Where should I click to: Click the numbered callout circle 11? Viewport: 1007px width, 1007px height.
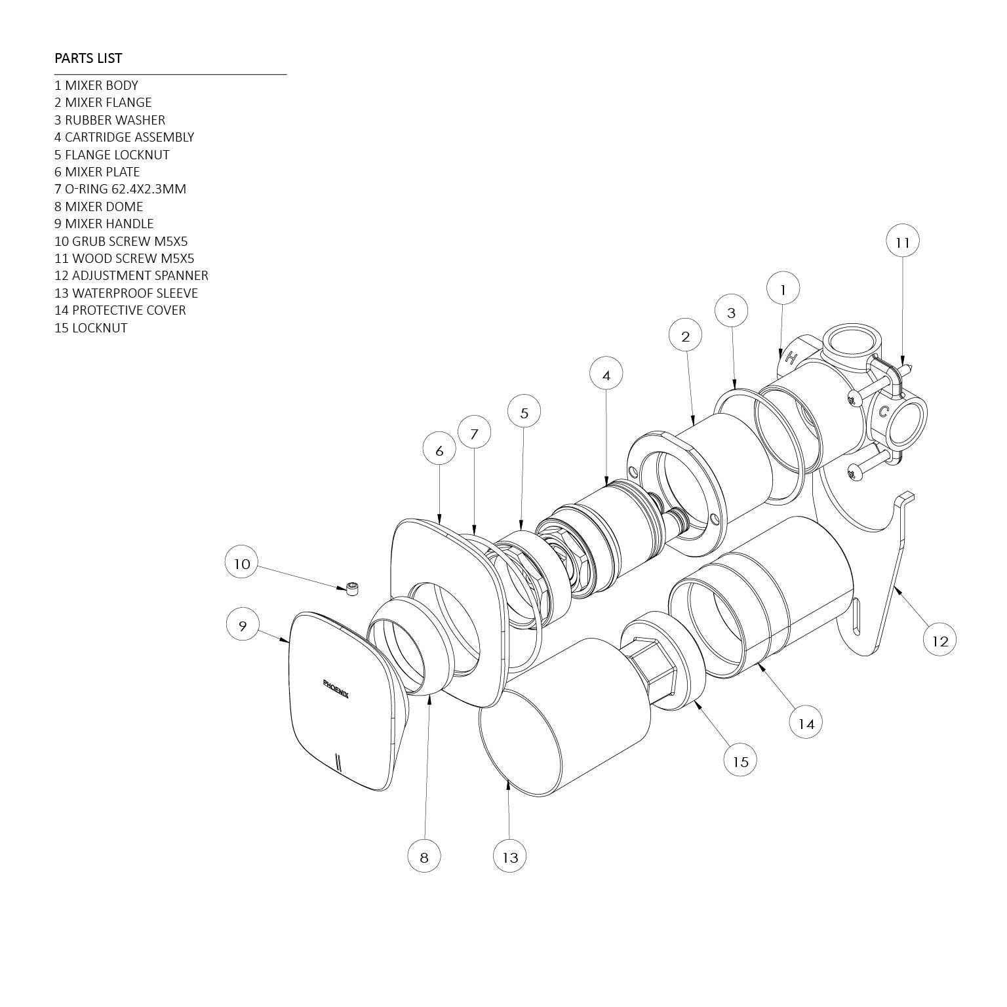pos(903,242)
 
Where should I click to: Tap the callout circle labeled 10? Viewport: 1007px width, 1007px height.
pos(242,564)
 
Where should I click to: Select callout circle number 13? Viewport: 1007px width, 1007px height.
pos(510,857)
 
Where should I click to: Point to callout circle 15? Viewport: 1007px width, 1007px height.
pos(740,761)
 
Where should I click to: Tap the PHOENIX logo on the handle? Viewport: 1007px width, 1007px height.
pos(336,688)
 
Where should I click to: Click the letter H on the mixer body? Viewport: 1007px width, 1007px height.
pos(791,358)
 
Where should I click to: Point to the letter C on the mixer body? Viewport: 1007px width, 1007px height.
pos(884,412)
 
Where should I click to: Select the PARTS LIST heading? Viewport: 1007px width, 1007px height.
pos(88,58)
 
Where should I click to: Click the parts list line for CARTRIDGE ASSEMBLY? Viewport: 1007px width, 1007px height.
pos(124,137)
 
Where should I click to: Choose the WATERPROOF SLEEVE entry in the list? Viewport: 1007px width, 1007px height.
pos(126,293)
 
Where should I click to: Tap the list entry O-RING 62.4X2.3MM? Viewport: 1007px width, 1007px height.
pos(120,189)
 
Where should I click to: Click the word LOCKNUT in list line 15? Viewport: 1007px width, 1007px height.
pos(100,328)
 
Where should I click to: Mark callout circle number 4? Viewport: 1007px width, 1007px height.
pos(606,375)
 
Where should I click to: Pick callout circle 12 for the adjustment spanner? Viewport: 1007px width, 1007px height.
pos(940,640)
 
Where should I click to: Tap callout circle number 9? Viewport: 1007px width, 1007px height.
pos(242,625)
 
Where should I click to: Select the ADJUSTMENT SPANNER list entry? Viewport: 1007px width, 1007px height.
pos(131,275)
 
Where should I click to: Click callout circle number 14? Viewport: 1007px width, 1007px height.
pos(806,723)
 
